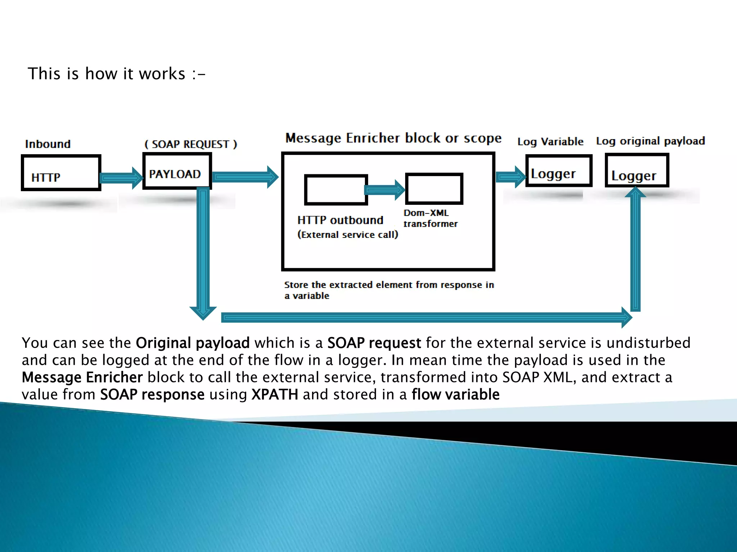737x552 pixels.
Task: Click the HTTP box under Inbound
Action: click(61, 173)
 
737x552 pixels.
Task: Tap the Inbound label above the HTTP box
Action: click(48, 144)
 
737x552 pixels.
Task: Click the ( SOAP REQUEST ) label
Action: click(191, 144)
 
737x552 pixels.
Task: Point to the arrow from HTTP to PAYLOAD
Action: click(121, 178)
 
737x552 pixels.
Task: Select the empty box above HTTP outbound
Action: click(336, 190)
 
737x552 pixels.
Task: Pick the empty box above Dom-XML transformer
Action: click(434, 189)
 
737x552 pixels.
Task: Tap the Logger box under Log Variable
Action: click(559, 171)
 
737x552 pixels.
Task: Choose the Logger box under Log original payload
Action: click(637, 170)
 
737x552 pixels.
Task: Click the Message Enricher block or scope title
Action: click(393, 138)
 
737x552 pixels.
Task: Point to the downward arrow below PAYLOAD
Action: click(203, 252)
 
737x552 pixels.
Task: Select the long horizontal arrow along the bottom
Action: click(425, 317)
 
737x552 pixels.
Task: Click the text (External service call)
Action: click(348, 235)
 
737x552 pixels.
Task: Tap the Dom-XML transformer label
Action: click(430, 218)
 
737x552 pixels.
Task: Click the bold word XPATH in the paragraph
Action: click(275, 395)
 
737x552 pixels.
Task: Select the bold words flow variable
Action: click(456, 395)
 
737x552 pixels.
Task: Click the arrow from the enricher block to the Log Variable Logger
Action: click(510, 177)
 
